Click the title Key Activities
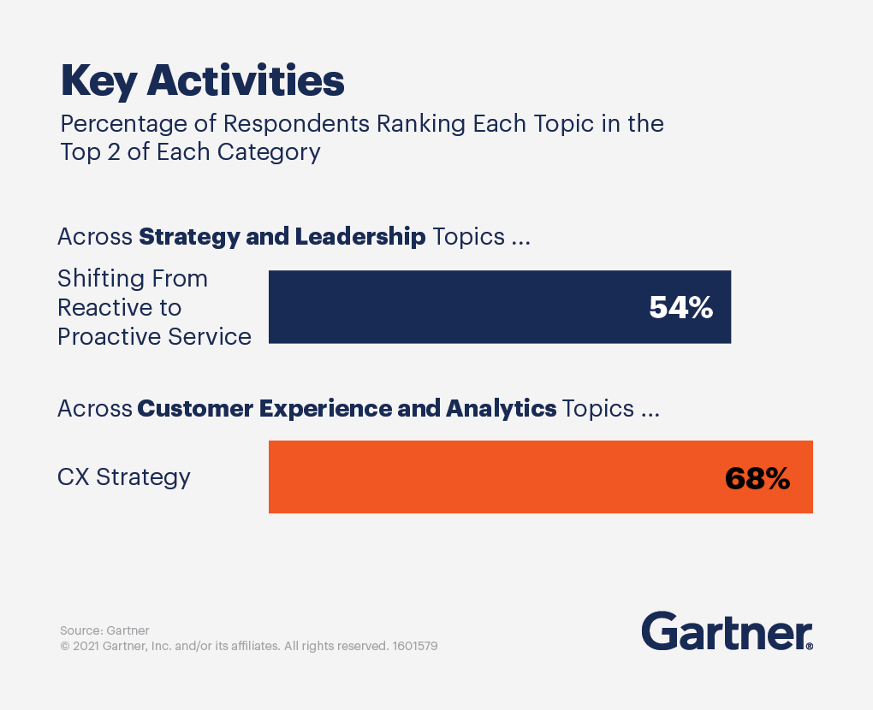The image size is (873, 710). [x=202, y=81]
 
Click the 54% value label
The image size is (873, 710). [x=680, y=308]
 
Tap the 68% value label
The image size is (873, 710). [x=757, y=478]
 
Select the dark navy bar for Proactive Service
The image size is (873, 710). [x=462, y=308]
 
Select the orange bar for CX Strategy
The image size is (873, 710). [x=496, y=477]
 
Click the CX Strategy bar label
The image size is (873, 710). [x=124, y=476]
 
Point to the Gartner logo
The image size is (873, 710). [x=726, y=631]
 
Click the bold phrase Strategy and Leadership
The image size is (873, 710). [x=282, y=237]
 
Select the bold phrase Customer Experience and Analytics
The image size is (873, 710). [x=347, y=408]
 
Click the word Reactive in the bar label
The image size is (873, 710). [x=97, y=307]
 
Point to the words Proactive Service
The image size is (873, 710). [x=154, y=336]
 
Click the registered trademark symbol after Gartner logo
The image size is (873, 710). [x=809, y=646]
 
